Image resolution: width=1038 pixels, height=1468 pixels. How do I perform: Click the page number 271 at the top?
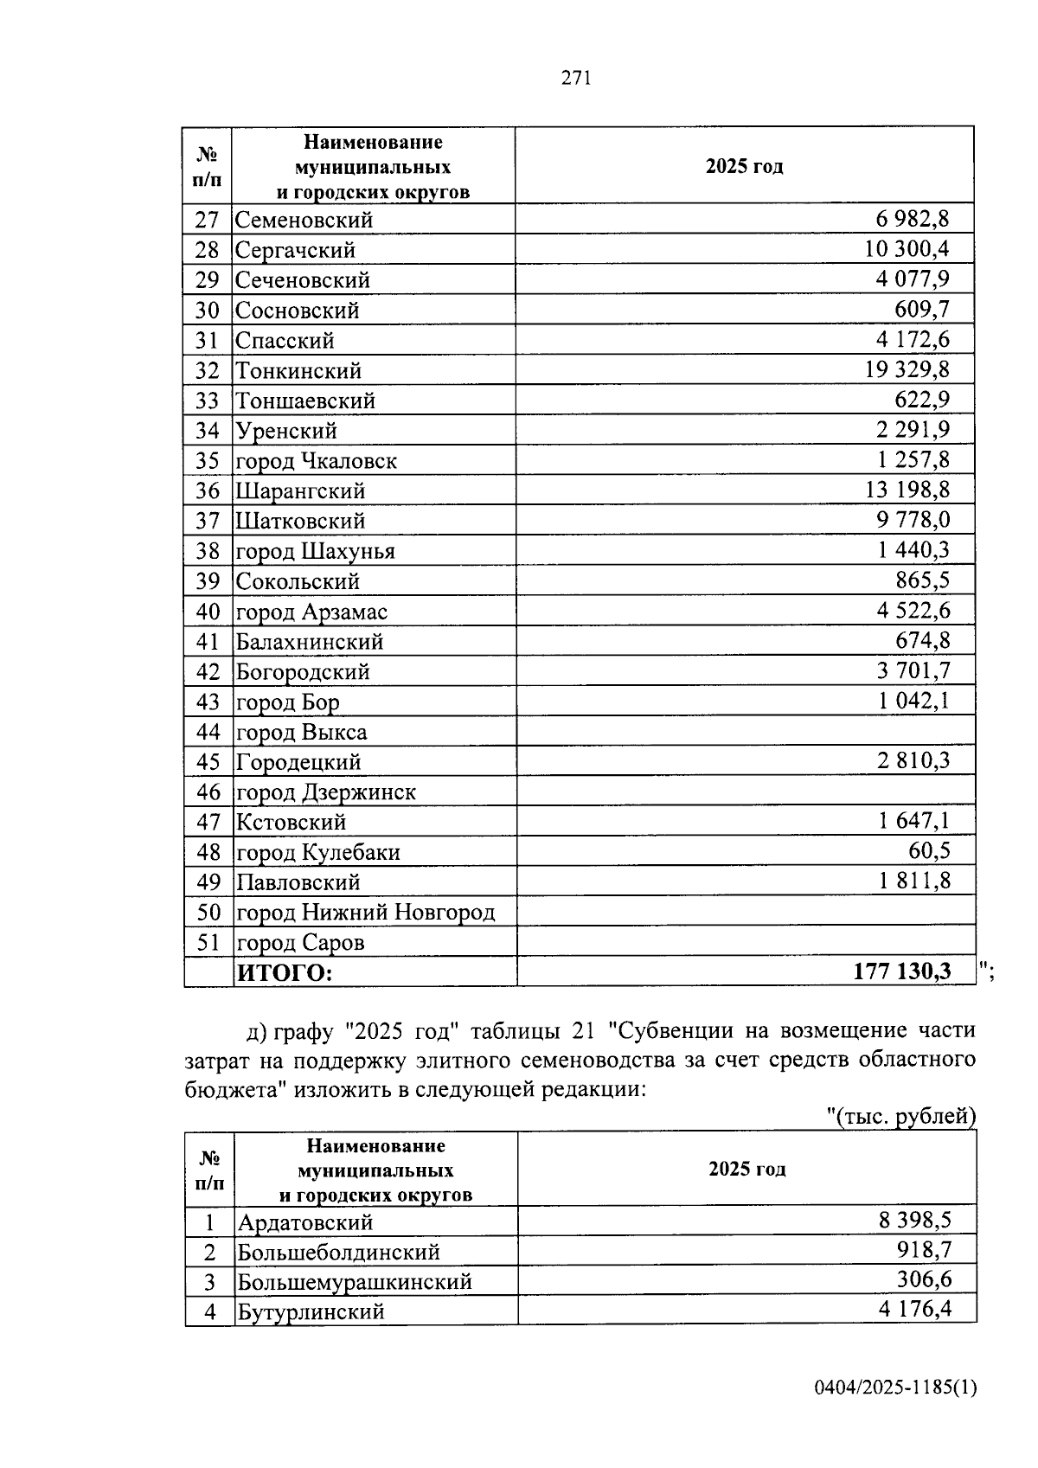[576, 79]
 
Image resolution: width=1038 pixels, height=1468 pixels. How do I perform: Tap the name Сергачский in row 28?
[295, 250]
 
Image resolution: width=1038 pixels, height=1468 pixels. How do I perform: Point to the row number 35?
[208, 460]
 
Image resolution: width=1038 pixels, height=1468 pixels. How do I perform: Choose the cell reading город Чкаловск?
[317, 461]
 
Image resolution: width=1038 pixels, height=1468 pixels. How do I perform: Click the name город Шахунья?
[316, 551]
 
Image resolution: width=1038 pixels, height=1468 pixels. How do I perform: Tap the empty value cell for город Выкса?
[746, 732]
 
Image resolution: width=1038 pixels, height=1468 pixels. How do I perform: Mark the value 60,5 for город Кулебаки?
[928, 851]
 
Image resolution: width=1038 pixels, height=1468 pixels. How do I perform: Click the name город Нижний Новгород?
[365, 912]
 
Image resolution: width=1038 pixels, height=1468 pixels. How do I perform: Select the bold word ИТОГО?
[285, 972]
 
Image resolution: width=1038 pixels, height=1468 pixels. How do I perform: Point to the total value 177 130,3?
[902, 971]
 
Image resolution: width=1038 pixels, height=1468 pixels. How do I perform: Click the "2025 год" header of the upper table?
[744, 166]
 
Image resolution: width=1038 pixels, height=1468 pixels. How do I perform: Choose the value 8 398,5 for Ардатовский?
[914, 1221]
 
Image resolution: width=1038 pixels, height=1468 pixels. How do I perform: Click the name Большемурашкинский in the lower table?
[355, 1281]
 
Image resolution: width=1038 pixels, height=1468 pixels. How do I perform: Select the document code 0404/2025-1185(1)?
[895, 1388]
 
